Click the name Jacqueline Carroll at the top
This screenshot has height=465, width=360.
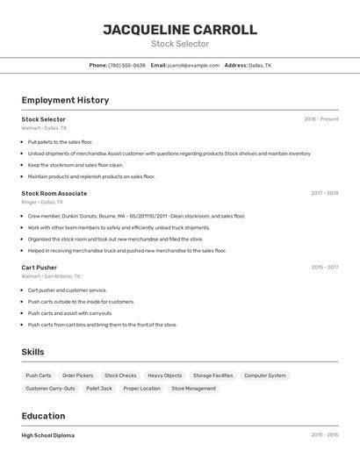pos(180,30)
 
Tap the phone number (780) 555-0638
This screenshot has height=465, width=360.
pos(126,65)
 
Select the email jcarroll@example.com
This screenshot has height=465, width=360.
pos(193,65)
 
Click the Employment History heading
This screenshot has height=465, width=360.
pos(65,100)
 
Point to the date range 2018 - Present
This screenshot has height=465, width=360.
pos(320,119)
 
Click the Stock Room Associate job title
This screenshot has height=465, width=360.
pos(54,193)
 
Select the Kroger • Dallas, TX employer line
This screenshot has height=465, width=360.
pos(43,202)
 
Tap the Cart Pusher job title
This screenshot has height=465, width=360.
pos(40,268)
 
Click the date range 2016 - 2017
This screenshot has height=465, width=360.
pos(324,268)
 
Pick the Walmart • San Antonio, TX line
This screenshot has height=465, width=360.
pos(51,276)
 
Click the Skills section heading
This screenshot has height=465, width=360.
pos(33,352)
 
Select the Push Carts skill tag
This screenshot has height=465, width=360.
pos(39,376)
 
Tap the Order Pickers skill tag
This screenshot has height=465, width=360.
pos(78,376)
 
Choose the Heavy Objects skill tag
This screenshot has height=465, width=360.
pos(165,376)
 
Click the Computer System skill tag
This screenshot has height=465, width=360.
pos(265,376)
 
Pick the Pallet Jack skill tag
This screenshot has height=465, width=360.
pos(99,388)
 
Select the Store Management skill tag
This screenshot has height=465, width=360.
pos(193,388)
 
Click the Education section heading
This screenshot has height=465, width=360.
pos(43,416)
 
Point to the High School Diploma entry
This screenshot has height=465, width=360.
pos(48,435)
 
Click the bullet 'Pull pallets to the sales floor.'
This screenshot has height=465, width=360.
pos(60,141)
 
